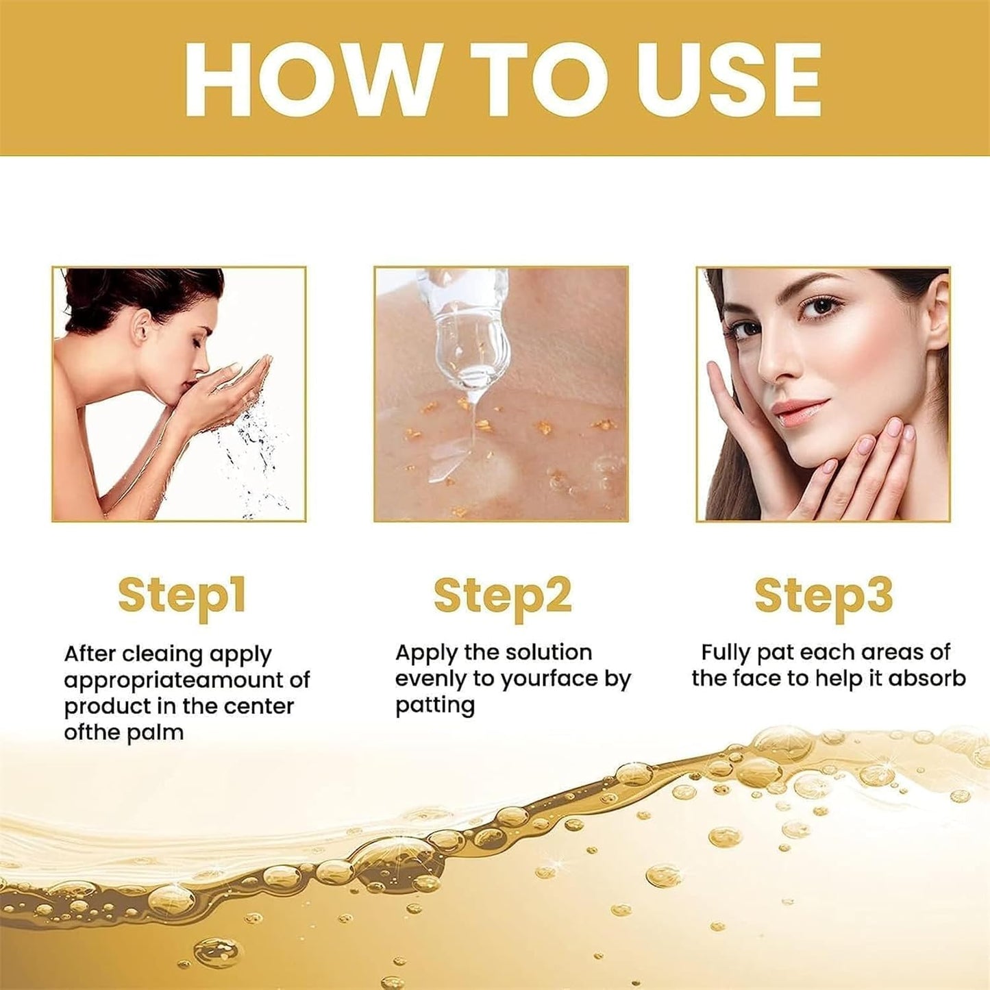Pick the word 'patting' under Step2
(x=435, y=706)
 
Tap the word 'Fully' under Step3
(x=726, y=652)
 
